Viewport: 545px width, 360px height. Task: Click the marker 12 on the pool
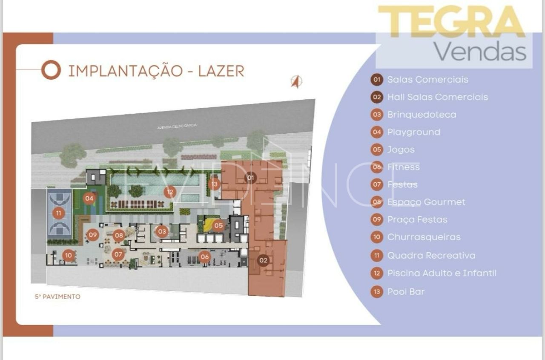coord(170,192)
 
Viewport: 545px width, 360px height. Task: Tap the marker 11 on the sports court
coord(58,213)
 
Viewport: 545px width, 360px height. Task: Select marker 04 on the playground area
coord(89,198)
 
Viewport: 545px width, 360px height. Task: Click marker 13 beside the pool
coord(214,184)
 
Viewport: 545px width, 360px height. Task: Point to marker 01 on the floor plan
coord(250,178)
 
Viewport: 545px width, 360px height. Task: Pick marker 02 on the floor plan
coord(264,260)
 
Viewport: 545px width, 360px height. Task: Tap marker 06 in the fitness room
coord(205,256)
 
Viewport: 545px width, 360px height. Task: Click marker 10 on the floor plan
coord(69,256)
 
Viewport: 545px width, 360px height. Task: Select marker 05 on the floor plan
coord(218,225)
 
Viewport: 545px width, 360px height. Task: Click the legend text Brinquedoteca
coord(422,115)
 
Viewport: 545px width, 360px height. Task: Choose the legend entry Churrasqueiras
coord(424,237)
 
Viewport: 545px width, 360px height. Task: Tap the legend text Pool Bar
coord(406,292)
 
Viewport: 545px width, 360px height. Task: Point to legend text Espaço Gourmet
coord(426,202)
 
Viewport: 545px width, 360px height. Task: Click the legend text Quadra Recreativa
coord(431,256)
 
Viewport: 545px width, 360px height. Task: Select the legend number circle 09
coord(377,220)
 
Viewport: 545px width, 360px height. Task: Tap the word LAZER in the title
coord(221,71)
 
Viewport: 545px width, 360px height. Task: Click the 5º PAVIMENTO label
coord(57,297)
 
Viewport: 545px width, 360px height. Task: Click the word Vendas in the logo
coord(480,52)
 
